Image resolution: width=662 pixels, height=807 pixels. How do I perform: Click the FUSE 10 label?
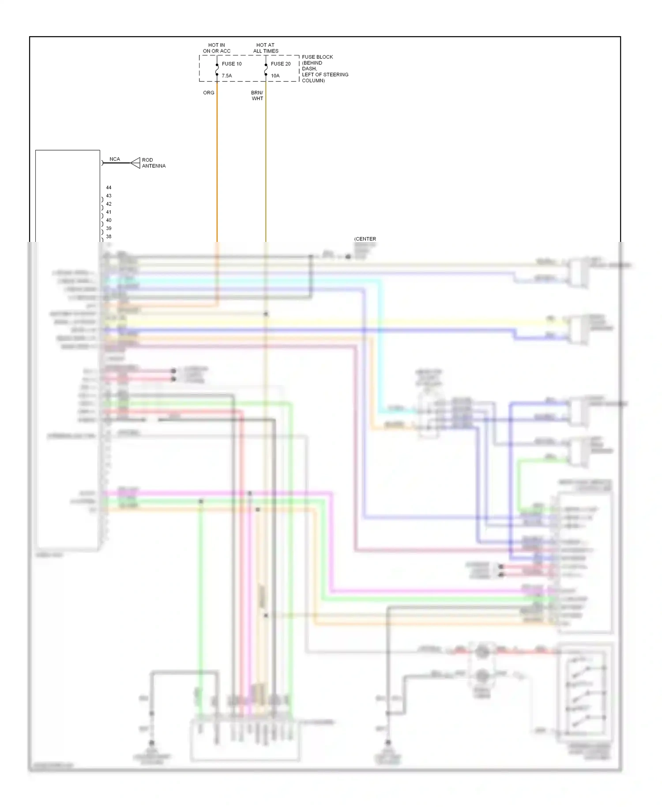tap(231, 64)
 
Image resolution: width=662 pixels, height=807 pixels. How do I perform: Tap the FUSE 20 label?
tap(280, 64)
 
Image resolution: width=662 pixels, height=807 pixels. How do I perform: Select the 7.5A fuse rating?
tap(227, 76)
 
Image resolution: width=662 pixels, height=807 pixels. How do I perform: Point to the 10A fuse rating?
tap(275, 76)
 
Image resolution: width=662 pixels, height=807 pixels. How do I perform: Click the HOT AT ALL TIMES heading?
tap(266, 48)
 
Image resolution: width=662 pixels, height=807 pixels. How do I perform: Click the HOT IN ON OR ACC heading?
tap(216, 48)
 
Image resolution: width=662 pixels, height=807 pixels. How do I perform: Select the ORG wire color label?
tap(209, 93)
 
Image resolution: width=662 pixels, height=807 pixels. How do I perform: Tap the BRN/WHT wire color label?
tap(257, 96)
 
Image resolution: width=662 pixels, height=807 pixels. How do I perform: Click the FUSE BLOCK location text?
tap(324, 69)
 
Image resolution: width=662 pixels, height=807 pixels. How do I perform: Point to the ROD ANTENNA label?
tap(154, 163)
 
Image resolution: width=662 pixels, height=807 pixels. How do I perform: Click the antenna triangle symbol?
tap(135, 163)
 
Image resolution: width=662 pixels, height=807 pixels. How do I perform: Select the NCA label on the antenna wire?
tap(115, 159)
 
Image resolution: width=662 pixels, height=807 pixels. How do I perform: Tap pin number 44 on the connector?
tap(109, 188)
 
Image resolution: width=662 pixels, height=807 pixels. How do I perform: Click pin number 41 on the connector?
tap(109, 212)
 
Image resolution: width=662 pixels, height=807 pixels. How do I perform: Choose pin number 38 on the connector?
tap(109, 237)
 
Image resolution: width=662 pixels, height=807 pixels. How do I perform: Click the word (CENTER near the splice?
tap(365, 239)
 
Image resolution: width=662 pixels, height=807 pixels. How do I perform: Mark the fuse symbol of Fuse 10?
tap(217, 70)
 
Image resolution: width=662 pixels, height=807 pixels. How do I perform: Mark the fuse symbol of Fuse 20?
tap(266, 70)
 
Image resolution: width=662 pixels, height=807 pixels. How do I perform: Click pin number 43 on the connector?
tap(109, 196)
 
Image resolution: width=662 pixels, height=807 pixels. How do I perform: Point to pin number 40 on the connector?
tap(109, 220)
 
